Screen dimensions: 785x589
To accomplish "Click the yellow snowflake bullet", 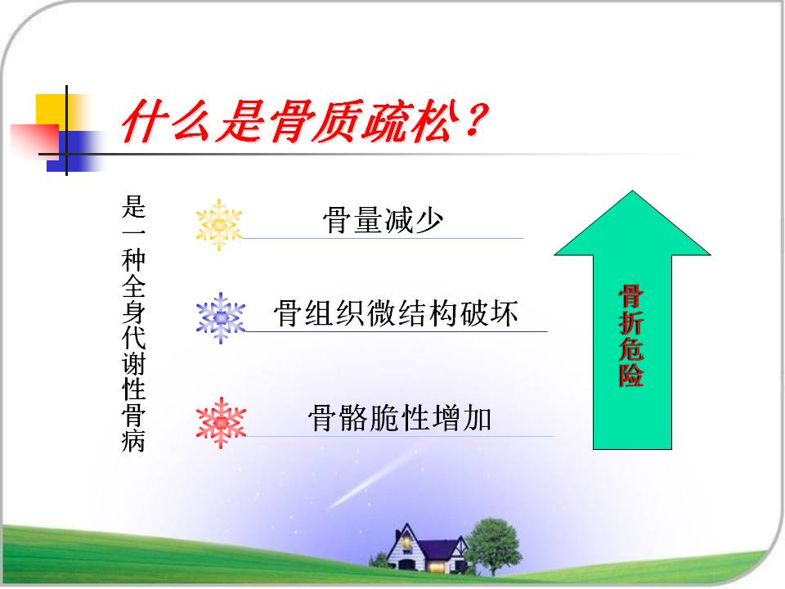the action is pyautogui.click(x=219, y=225).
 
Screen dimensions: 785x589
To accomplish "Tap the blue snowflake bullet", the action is pyautogui.click(x=221, y=318).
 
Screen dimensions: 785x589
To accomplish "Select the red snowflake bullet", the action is pyautogui.click(x=222, y=423).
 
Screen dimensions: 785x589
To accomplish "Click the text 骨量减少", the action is pyautogui.click(x=383, y=220).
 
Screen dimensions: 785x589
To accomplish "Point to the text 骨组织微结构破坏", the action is pyautogui.click(x=396, y=313).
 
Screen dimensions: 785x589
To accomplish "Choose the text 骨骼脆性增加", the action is pyautogui.click(x=400, y=418).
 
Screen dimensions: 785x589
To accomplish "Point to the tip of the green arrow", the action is pyautogui.click(x=632, y=191).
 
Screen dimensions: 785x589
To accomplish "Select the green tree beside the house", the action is pyautogui.click(x=493, y=546).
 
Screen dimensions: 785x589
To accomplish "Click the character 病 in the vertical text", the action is pyautogui.click(x=133, y=440).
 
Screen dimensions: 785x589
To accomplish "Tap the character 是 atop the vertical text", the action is pyautogui.click(x=133, y=206).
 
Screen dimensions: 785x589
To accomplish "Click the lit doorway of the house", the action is pyautogui.click(x=437, y=568).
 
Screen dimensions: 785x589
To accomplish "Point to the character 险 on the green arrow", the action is pyautogui.click(x=631, y=375).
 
